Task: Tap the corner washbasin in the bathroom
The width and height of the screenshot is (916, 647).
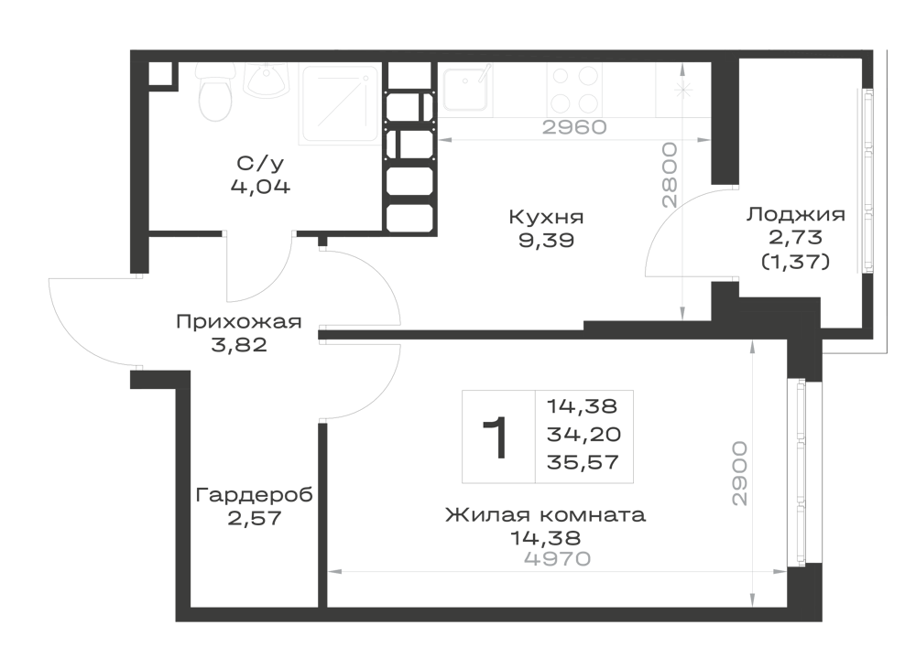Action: tap(267, 80)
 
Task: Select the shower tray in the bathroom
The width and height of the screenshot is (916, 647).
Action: tap(339, 103)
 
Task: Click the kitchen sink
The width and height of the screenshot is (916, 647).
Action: tap(465, 89)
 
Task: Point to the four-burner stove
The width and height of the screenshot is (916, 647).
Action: tap(575, 90)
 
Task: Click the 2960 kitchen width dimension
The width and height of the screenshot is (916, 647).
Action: tap(575, 126)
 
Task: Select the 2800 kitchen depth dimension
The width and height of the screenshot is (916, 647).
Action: tap(670, 176)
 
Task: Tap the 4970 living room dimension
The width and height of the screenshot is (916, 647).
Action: tap(558, 559)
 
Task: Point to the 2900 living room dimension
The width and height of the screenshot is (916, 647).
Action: tap(739, 473)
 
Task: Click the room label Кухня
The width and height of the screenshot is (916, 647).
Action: tap(546, 217)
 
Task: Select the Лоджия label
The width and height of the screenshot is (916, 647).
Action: tap(796, 214)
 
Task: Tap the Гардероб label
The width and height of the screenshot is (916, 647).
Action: tap(254, 495)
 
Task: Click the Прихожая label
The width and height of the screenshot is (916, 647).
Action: tap(239, 321)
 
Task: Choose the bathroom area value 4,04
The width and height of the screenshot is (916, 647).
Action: tap(260, 187)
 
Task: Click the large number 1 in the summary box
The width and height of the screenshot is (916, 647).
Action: tap(496, 437)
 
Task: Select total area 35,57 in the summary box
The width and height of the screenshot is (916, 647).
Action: tap(583, 462)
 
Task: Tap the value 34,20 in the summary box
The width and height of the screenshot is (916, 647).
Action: tap(583, 434)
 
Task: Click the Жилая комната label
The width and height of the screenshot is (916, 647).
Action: tap(546, 515)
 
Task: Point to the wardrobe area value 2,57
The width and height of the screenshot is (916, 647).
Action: tap(254, 518)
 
